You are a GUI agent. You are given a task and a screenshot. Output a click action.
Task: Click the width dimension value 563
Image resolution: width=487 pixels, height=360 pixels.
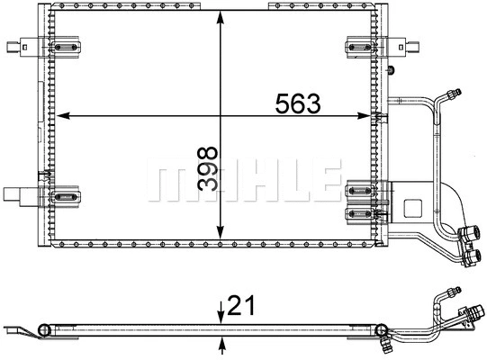click(x=299, y=103)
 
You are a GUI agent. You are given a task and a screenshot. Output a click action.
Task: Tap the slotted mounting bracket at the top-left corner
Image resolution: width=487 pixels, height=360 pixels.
click(x=65, y=47)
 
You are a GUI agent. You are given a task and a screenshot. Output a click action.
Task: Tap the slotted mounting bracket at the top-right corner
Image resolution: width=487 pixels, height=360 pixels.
click(x=361, y=47)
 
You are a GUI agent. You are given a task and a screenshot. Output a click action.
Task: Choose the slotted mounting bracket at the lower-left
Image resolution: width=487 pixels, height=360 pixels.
click(x=65, y=193)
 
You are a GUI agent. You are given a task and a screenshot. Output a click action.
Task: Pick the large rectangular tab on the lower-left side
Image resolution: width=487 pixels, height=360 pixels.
click(x=16, y=193)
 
